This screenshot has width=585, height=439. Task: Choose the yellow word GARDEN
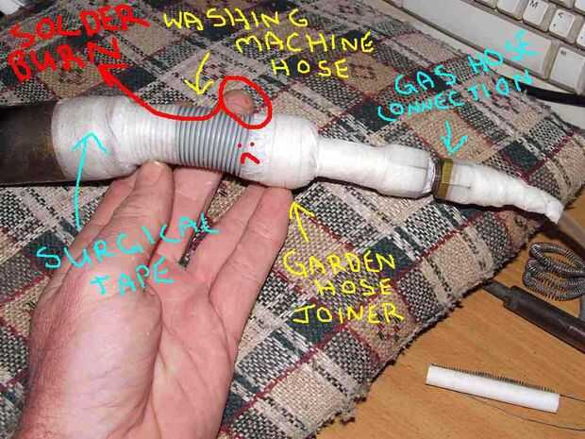339,263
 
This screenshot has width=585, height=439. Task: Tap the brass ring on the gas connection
444,178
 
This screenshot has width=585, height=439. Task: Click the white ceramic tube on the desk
493,388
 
